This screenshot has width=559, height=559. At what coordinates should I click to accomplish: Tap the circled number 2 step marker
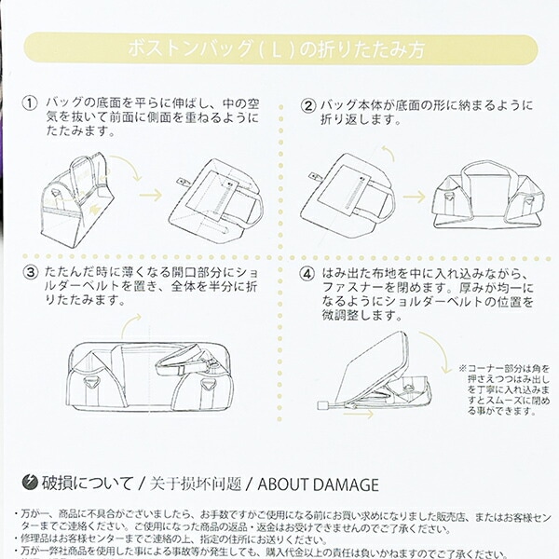(x=308, y=104)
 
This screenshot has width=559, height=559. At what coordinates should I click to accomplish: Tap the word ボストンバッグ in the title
(x=182, y=48)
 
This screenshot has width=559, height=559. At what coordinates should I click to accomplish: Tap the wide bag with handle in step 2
(x=484, y=196)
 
